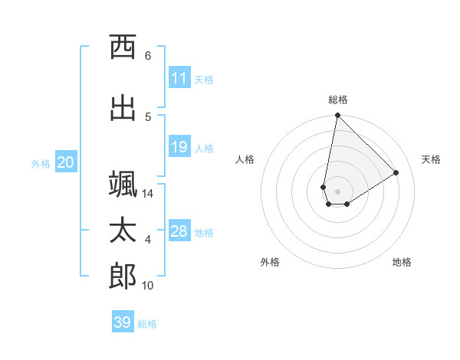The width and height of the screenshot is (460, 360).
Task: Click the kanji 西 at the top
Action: (x=123, y=47)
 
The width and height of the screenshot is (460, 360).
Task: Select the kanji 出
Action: (x=123, y=107)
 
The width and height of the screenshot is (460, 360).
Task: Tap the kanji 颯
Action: (x=123, y=185)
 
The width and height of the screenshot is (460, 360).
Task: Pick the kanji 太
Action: (x=123, y=231)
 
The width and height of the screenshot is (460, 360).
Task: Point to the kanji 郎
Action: (x=123, y=276)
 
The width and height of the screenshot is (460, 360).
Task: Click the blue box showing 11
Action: (x=179, y=78)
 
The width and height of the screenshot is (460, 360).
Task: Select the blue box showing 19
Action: (x=179, y=147)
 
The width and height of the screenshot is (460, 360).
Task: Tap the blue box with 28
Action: (x=179, y=231)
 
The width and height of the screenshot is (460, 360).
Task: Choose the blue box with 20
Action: (x=65, y=162)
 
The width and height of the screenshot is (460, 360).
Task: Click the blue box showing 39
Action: (x=123, y=322)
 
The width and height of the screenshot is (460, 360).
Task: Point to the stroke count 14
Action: (x=148, y=194)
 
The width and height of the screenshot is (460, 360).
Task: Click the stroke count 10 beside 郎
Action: (x=148, y=286)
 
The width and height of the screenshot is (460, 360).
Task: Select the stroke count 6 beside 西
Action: (x=147, y=56)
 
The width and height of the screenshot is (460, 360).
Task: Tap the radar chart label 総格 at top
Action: (x=338, y=100)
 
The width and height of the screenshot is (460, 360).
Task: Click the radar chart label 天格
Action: (x=431, y=159)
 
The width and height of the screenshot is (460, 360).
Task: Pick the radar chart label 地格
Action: (x=402, y=262)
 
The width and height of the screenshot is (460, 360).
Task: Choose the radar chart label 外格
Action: (x=270, y=262)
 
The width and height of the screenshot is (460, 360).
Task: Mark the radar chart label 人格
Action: (x=245, y=159)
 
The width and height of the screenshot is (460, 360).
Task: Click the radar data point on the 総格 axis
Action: (x=337, y=116)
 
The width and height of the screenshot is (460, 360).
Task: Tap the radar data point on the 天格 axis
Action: (x=396, y=172)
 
